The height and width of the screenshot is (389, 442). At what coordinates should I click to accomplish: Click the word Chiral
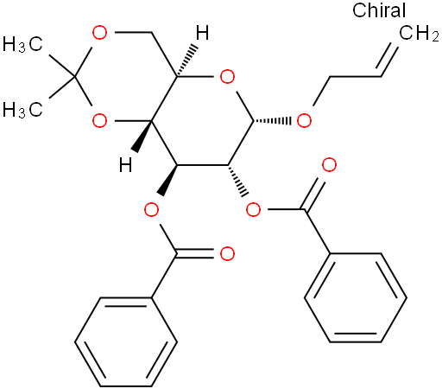[x=379, y=10]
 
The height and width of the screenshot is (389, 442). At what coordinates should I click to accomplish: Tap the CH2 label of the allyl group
[x=419, y=33]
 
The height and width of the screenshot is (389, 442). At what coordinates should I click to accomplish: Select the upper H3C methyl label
[x=22, y=44]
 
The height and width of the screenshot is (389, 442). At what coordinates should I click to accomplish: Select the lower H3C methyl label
[x=22, y=110]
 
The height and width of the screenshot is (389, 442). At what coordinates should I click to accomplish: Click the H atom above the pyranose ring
[x=202, y=33]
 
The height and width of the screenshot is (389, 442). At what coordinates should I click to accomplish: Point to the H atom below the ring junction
[x=126, y=164]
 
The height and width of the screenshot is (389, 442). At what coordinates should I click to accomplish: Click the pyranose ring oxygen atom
[x=227, y=77]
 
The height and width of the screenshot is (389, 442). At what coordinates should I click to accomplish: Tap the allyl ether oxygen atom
[x=304, y=120]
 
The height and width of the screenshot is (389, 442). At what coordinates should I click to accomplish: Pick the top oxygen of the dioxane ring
[x=100, y=33]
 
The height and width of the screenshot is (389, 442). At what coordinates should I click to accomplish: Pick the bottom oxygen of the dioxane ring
[x=100, y=120]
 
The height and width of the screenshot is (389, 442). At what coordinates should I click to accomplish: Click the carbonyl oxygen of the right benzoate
[x=329, y=165]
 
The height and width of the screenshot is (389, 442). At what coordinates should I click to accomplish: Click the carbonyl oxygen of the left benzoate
[x=227, y=254]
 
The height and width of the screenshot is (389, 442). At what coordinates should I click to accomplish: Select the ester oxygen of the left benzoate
[x=151, y=210]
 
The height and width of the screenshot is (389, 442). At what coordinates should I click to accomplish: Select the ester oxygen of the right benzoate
[x=254, y=210]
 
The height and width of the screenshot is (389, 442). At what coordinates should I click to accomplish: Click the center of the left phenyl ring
[x=126, y=341]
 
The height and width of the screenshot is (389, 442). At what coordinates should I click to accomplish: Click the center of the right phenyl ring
[x=356, y=298]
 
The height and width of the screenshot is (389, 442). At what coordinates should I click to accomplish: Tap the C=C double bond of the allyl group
[x=389, y=60]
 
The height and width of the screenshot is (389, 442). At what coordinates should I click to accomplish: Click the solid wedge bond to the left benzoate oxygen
[x=169, y=180]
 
